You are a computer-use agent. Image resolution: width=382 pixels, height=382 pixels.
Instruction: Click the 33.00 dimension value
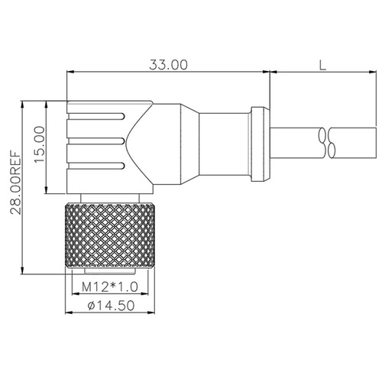pyautogui.click(x=168, y=65)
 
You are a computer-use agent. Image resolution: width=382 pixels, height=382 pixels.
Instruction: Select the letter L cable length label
pyautogui.click(x=323, y=65)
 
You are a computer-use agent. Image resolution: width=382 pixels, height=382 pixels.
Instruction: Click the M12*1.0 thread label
pyautogui.click(x=109, y=288)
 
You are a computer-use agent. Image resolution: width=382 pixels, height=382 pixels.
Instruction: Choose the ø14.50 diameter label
pyautogui.click(x=112, y=306)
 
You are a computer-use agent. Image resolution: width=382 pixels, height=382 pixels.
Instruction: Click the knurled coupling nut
pyautogui.click(x=108, y=235)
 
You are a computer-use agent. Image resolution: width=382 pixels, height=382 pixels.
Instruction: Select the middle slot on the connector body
pyautogui.click(x=96, y=141)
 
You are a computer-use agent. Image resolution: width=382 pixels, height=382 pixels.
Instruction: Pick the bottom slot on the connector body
pyautogui.click(x=96, y=166)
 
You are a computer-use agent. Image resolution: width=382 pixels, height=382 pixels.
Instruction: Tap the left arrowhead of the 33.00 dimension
pyautogui.click(x=71, y=73)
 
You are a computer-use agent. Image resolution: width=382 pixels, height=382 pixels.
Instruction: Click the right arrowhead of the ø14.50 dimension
pyautogui.click(x=151, y=312)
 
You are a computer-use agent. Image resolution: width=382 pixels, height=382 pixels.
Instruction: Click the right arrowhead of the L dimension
pyautogui.click(x=374, y=73)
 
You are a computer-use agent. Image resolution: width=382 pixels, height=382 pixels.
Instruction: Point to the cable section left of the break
pyautogui.click(x=294, y=142)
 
